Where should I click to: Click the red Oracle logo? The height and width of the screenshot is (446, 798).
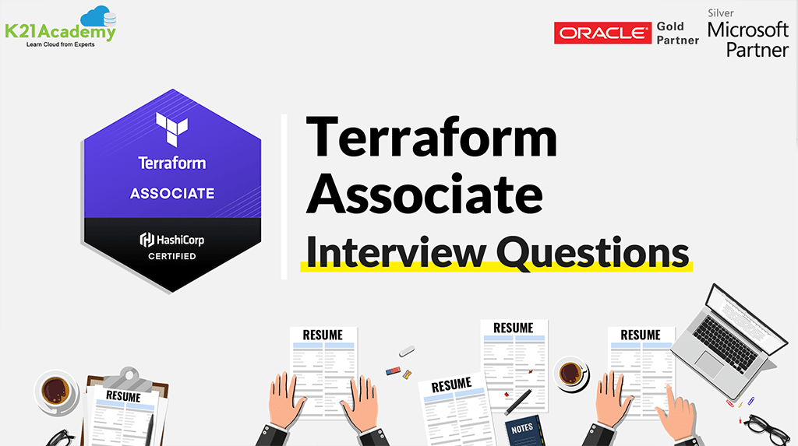(x=602, y=33)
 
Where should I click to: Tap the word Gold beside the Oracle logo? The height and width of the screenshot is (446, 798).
(x=670, y=26)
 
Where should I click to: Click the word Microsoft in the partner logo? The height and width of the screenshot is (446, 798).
(x=748, y=30)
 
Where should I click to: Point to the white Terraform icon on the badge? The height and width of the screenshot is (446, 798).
(x=171, y=129)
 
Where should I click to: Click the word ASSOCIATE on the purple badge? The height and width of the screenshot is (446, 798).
(x=172, y=193)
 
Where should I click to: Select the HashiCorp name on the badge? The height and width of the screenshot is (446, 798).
(x=178, y=239)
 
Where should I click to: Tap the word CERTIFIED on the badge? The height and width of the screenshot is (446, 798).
(x=172, y=256)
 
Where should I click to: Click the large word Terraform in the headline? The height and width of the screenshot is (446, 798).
(x=431, y=139)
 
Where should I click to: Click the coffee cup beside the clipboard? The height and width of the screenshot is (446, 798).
(x=56, y=389)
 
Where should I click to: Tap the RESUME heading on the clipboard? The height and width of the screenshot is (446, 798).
(x=123, y=397)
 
